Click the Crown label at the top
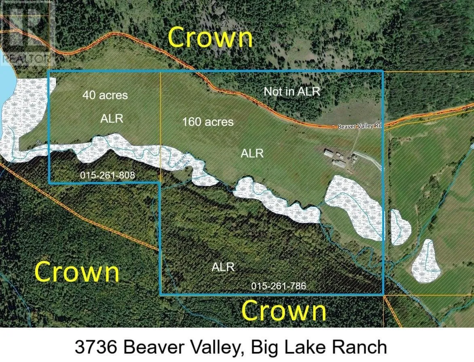(210, 38)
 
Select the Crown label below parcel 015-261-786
(284, 311)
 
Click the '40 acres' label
(105, 95)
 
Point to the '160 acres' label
(208, 121)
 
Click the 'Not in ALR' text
(292, 91)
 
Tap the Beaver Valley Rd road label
(360, 126)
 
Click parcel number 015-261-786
(278, 286)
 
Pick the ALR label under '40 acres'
(112, 119)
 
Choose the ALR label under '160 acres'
(252, 153)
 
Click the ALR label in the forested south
(223, 267)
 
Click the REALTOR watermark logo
(27, 32)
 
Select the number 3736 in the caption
(97, 347)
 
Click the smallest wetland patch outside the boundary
(400, 227)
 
